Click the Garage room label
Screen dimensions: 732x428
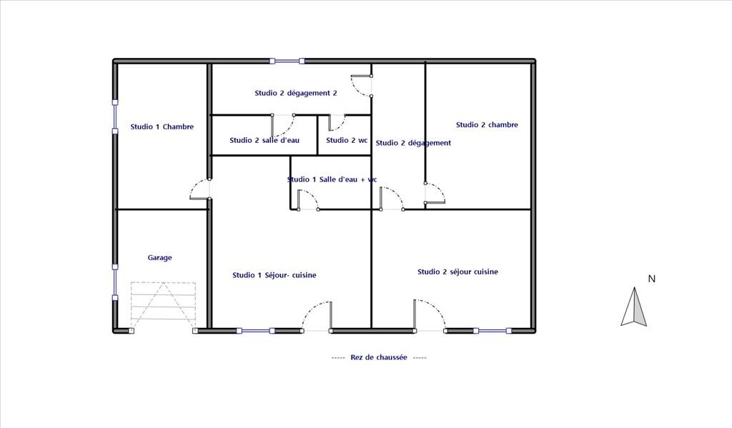click(159, 258)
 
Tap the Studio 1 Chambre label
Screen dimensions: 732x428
click(162, 126)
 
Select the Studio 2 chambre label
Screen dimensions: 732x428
click(487, 124)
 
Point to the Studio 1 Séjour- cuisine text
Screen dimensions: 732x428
click(274, 275)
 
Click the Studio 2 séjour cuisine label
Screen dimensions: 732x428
click(457, 272)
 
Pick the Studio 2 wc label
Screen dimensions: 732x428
click(347, 140)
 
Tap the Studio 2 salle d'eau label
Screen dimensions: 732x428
click(264, 140)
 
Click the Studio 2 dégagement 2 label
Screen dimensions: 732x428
click(296, 93)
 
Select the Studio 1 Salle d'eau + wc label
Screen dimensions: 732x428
click(332, 179)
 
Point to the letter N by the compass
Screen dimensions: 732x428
click(652, 279)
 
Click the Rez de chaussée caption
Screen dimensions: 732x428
click(379, 357)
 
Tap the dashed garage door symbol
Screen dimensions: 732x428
click(163, 307)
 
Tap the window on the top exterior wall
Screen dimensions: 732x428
click(287, 61)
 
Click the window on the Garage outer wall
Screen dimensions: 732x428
click(115, 282)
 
